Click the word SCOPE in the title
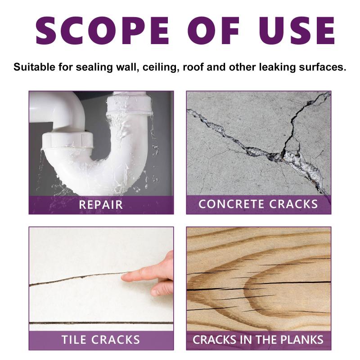pyautogui.click(x=103, y=31)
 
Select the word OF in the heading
pyautogui.click(x=212, y=31)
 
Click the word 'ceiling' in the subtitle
pyautogui.click(x=160, y=67)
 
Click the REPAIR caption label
pyautogui.click(x=101, y=205)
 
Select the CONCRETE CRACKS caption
pyautogui.click(x=258, y=204)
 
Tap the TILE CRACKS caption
pyautogui.click(x=101, y=340)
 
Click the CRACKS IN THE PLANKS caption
pyautogui.click(x=258, y=340)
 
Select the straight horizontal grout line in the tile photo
pyautogui.click(x=101, y=323)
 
